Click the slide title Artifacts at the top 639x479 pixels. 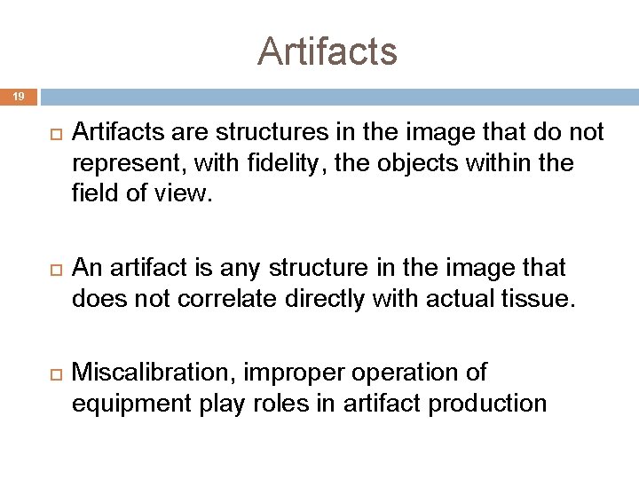point(327,51)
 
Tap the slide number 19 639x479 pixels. point(19,96)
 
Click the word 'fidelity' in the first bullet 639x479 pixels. point(277,163)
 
